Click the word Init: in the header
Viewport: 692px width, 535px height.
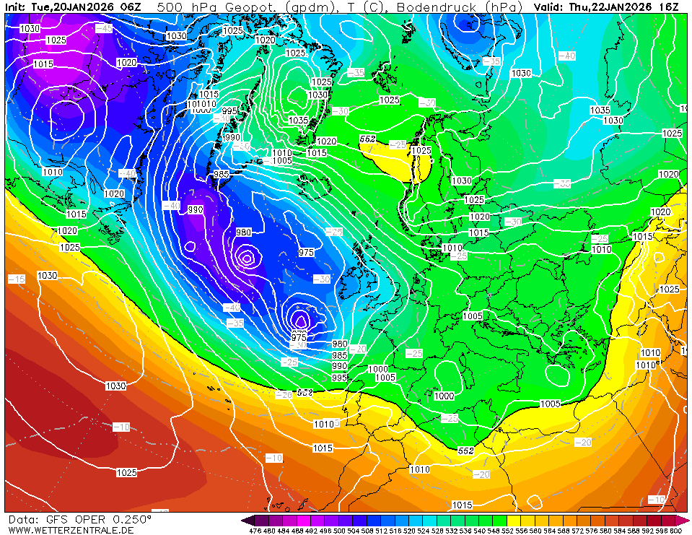(15, 6)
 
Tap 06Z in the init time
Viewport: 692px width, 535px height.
(131, 6)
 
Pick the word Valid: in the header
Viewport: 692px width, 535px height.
(549, 6)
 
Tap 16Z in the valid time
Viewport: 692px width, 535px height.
(668, 6)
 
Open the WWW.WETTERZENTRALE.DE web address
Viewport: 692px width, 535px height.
(70, 530)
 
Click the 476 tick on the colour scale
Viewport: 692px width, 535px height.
(255, 531)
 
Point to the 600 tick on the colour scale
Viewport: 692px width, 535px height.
(675, 531)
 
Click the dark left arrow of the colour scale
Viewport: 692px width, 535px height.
(247, 520)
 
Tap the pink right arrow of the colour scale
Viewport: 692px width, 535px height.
(685, 520)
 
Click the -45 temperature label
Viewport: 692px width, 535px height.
(104, 28)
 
